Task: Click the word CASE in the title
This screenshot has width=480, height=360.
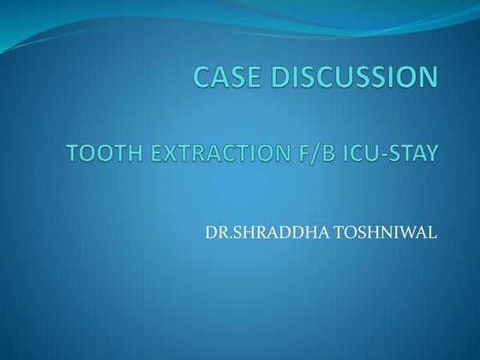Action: tap(224, 78)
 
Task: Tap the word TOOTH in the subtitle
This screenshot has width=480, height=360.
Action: tap(95, 154)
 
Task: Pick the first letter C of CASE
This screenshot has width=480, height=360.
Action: tap(201, 78)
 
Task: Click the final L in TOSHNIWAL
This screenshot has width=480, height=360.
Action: tap(432, 232)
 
